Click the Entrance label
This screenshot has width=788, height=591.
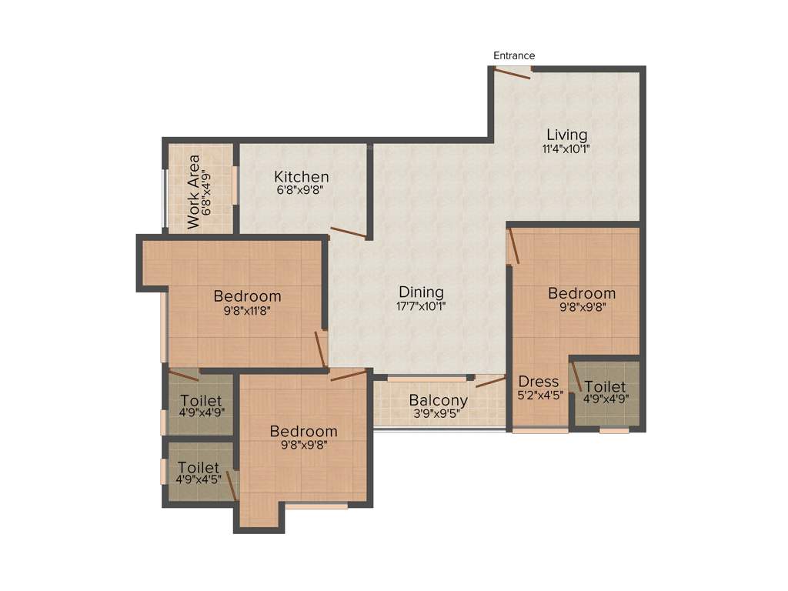514,55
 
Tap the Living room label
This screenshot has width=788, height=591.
566,135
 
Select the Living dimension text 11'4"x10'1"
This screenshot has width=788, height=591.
566,149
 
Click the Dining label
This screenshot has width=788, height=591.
421,292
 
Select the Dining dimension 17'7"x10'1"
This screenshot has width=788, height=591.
421,306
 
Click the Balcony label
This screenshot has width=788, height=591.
438,400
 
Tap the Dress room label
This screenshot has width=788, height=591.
539,382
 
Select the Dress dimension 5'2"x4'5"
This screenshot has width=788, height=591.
540,396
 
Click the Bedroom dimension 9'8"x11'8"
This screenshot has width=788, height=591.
247,311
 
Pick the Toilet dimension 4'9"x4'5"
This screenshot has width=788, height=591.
199,481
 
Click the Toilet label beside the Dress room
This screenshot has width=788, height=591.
605,386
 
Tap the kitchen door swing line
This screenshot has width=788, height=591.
348,232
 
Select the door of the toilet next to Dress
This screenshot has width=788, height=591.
576,378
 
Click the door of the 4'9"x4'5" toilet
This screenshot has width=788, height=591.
231,486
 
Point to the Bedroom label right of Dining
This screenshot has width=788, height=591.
582,293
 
